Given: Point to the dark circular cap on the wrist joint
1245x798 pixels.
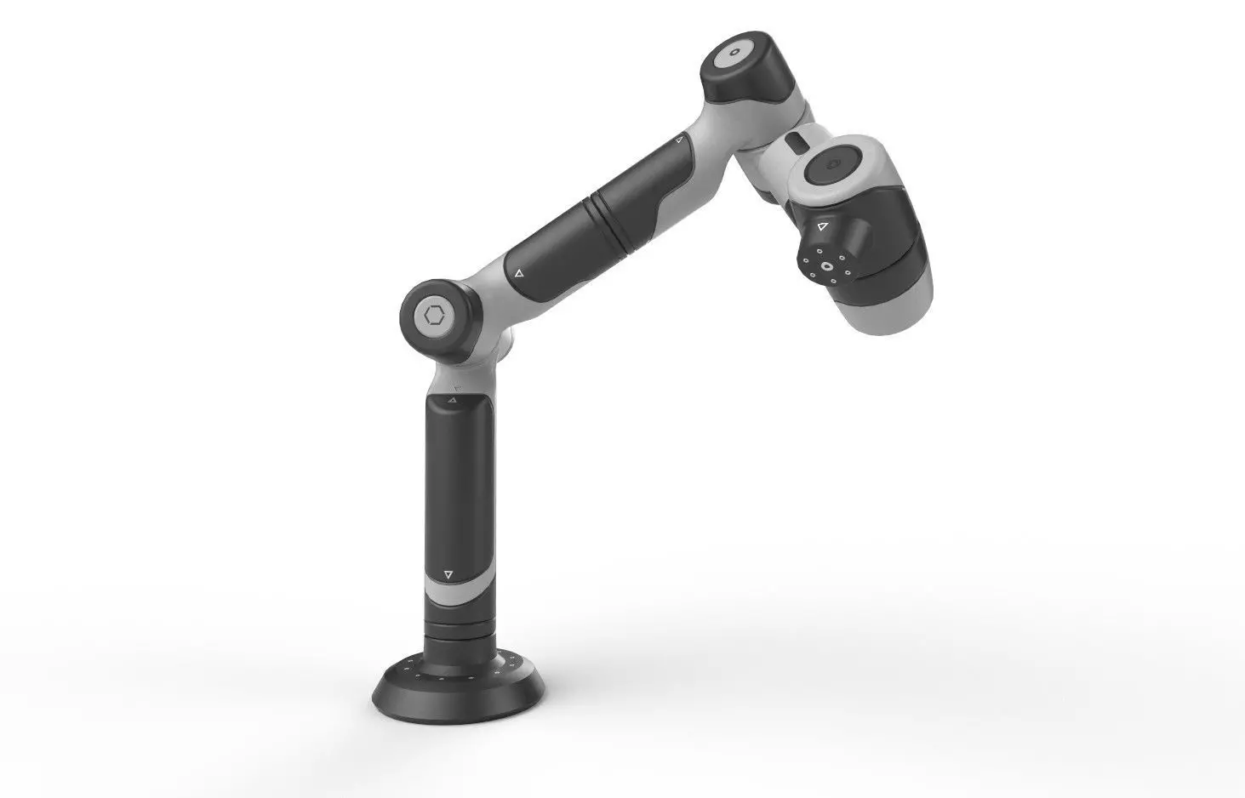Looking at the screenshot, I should coord(832,165).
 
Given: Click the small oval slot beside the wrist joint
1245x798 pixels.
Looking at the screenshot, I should coord(793,141).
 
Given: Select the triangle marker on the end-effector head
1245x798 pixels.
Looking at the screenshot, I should coord(822,228).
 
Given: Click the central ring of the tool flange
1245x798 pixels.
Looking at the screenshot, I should coord(827,265).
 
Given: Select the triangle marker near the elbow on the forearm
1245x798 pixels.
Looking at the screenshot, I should coord(518,273).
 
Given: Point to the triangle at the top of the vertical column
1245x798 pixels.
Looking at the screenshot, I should coord(452,399).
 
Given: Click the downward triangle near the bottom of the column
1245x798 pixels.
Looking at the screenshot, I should coord(449,574).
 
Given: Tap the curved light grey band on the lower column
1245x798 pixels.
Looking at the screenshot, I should coord(460,585).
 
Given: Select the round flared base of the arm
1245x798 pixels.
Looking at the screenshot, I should coord(460,681).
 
